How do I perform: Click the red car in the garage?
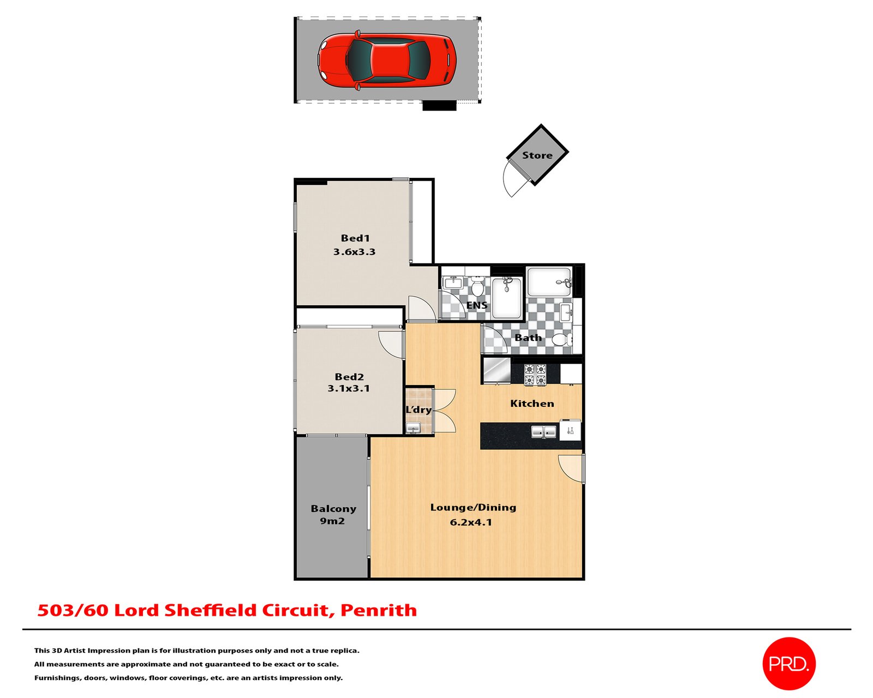click(387, 59)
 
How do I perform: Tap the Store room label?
click(537, 155)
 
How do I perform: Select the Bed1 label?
click(355, 238)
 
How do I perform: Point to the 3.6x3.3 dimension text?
click(354, 252)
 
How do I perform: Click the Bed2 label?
click(349, 377)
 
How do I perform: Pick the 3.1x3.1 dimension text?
click(349, 389)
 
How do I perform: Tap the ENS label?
click(477, 305)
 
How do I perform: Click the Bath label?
click(528, 338)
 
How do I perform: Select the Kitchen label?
click(532, 404)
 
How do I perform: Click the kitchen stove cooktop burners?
click(535, 375)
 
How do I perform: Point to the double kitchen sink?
click(544, 432)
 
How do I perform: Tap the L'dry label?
click(418, 410)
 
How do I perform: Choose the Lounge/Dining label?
click(473, 508)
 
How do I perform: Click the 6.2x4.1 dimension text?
click(471, 522)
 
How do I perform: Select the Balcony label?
click(333, 509)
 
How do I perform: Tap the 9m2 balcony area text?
click(332, 521)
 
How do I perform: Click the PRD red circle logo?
click(788, 664)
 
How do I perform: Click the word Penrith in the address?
click(379, 610)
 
